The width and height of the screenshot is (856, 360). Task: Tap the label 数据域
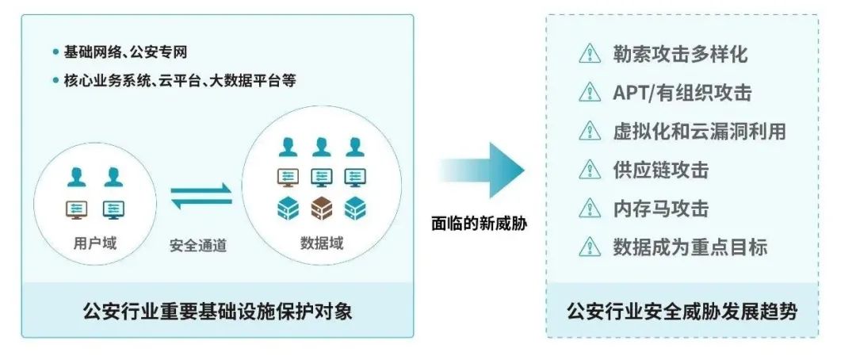coord(322,243)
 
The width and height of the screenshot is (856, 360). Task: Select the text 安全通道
coord(198,246)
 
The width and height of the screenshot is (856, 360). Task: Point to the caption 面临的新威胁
coord(480,224)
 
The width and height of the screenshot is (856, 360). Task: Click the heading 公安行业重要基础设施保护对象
coord(217,311)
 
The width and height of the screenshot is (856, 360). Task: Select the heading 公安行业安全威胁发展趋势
coord(682,311)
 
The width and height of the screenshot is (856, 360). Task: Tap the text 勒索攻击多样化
coord(680,54)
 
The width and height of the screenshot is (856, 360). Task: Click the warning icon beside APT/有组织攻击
coord(590,93)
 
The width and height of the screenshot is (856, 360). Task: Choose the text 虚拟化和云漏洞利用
coord(699,132)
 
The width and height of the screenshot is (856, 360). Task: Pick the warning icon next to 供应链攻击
coord(590,170)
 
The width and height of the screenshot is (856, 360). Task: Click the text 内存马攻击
coord(660,209)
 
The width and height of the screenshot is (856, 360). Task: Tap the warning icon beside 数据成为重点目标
coord(590,247)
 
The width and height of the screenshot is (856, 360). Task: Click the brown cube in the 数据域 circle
coord(321,209)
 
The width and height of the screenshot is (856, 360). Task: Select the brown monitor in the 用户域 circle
coord(76,209)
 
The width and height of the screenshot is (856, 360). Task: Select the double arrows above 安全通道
coord(201,197)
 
